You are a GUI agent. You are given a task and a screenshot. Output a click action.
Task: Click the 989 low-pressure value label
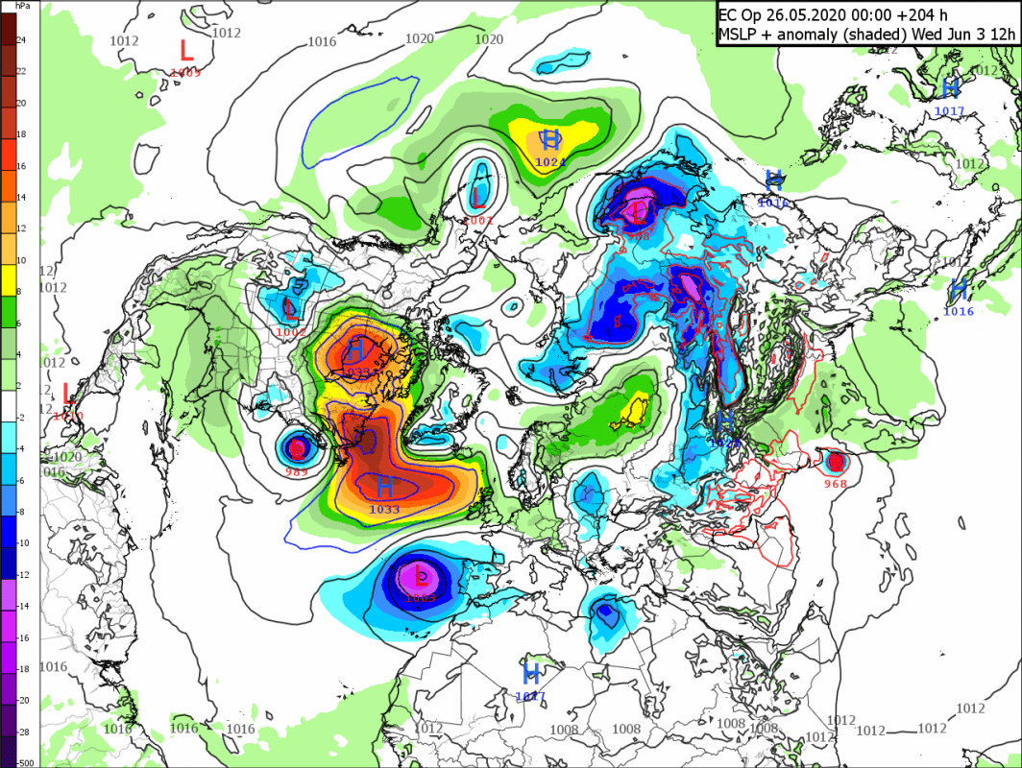298,473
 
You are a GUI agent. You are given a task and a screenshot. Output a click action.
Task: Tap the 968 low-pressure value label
836,484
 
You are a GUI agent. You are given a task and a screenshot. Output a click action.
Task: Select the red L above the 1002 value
292,309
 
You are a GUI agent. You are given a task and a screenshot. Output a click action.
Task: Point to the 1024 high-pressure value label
549,162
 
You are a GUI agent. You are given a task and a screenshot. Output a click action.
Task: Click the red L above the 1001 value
478,199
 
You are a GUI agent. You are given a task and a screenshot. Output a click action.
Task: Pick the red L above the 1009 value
186,49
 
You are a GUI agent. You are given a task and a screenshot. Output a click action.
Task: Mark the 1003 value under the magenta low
421,598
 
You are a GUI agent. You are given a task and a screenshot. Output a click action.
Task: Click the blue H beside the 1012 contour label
950,87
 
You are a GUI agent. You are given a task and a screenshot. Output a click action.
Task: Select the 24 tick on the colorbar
20,39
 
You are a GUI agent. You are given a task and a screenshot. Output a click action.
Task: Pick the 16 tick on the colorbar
20,166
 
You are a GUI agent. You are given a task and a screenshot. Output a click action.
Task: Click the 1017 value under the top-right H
949,110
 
